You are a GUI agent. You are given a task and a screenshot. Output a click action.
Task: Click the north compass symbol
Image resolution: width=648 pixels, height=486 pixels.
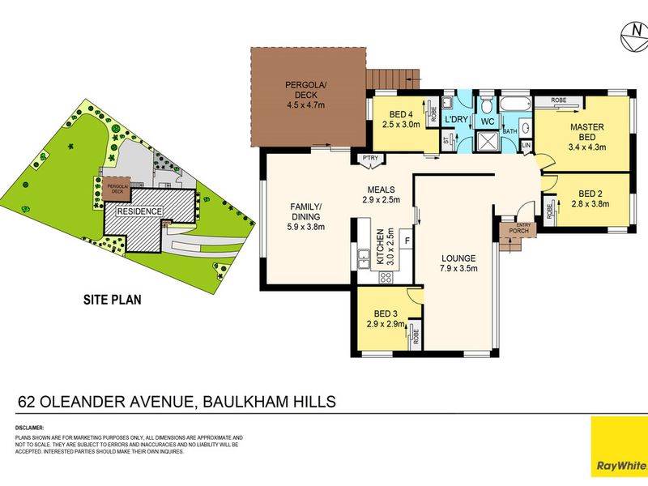[x=634, y=37]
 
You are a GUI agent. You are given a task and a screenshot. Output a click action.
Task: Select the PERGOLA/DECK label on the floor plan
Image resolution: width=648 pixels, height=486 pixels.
[x=306, y=95]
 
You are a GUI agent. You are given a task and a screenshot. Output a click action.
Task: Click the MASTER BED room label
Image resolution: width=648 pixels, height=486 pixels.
[x=587, y=137]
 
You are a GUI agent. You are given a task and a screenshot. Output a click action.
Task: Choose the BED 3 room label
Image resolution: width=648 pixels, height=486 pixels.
[x=386, y=319]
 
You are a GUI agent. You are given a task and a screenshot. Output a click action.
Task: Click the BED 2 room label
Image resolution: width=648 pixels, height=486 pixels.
[x=590, y=198]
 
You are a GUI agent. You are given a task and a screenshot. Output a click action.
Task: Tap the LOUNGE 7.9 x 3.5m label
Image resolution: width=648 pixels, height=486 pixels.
[x=458, y=263]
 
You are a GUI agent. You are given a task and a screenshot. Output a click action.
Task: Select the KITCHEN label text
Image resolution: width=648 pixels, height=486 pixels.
[x=381, y=247]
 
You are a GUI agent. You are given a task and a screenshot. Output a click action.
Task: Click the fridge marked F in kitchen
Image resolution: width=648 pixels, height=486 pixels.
[x=407, y=241]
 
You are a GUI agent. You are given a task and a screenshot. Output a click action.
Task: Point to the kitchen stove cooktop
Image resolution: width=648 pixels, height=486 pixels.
[x=386, y=277]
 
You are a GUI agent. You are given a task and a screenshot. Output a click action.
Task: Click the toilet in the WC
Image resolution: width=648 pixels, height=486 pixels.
[x=488, y=105]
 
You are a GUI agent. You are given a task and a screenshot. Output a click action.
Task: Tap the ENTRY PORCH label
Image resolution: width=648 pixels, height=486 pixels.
[x=518, y=228]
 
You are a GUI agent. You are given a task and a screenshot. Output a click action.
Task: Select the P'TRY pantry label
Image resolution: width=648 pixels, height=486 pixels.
[x=368, y=158]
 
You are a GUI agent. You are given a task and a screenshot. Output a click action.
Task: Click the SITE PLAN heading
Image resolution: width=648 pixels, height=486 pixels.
[x=113, y=300]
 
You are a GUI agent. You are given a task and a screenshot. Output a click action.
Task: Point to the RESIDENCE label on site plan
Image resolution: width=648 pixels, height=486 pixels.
[x=139, y=211]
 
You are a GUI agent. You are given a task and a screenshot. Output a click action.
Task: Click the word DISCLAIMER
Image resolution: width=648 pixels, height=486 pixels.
[x=29, y=428]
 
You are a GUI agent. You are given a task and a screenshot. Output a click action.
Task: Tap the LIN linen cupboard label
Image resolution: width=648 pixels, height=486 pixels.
[x=526, y=146]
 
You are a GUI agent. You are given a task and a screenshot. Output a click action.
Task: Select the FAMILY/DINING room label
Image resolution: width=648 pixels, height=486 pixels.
[x=305, y=216]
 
